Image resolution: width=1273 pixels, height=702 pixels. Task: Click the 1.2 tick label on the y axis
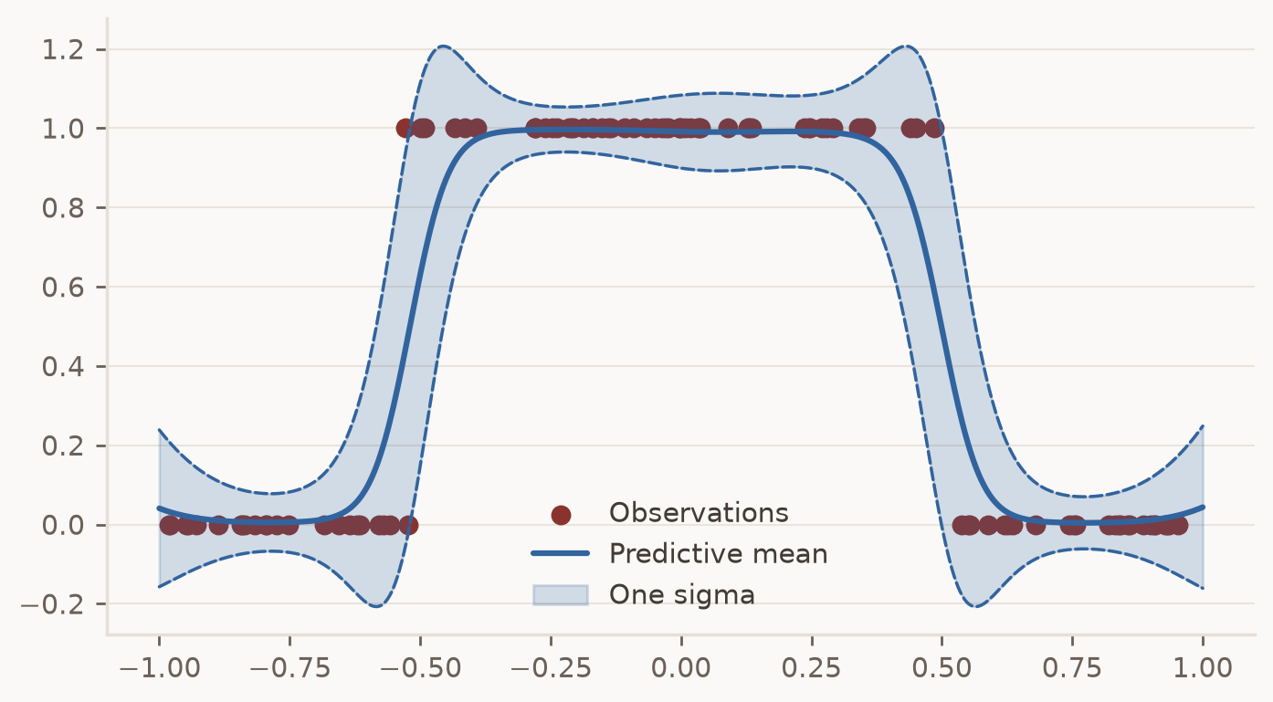tap(63, 50)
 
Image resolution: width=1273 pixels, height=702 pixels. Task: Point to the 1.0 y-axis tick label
tap(63, 130)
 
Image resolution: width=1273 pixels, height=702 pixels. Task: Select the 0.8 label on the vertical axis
tap(63, 208)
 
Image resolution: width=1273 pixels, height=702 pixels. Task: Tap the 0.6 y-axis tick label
tap(63, 288)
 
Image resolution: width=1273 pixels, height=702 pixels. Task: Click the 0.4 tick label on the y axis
tap(63, 367)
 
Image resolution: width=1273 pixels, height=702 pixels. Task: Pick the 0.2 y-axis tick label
tap(63, 446)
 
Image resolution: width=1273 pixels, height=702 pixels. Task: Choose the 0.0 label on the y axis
tap(63, 526)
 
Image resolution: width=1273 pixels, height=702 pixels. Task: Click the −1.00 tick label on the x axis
tap(160, 668)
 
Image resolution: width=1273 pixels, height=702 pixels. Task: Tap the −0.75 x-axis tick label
tap(289, 668)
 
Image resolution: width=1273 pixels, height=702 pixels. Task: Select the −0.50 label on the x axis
tap(421, 668)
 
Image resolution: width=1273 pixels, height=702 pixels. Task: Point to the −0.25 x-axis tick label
tap(551, 668)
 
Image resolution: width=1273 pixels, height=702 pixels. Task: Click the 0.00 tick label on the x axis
tap(681, 668)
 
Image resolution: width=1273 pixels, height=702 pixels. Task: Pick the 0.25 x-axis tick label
tap(812, 668)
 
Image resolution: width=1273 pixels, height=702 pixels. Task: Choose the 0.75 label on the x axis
tap(1072, 668)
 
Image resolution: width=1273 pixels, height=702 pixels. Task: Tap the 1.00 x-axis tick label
tap(1203, 668)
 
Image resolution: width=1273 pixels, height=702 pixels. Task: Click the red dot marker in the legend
tap(561, 515)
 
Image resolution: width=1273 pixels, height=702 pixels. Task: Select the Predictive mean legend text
tap(719, 554)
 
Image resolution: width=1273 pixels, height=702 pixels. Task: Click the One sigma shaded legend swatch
tap(561, 595)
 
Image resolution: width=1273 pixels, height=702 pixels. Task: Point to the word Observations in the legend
tap(699, 512)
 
